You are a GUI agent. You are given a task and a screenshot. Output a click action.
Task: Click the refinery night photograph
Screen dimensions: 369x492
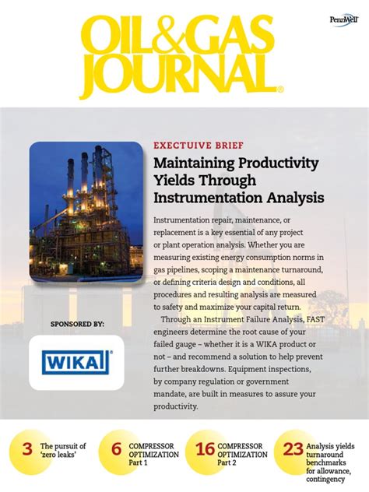pos(86,212)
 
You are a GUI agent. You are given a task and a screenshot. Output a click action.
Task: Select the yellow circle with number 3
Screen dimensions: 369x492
pos(27,449)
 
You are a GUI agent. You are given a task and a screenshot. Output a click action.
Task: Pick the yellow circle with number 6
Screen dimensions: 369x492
pos(116,449)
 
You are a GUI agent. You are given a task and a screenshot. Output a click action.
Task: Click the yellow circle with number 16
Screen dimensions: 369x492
pos(205,449)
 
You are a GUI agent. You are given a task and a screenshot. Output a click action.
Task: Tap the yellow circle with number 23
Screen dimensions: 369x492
pos(293,449)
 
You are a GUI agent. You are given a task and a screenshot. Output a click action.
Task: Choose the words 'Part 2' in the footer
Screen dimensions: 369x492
pos(229,463)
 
